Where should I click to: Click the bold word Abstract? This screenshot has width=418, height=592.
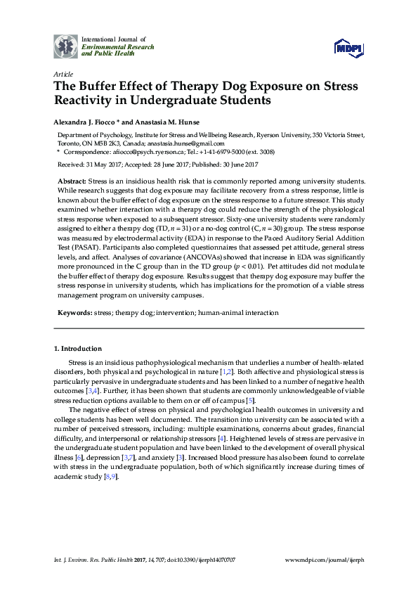72,181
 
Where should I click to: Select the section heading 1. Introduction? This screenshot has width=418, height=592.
78,348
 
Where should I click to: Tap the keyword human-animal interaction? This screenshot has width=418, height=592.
239,312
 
